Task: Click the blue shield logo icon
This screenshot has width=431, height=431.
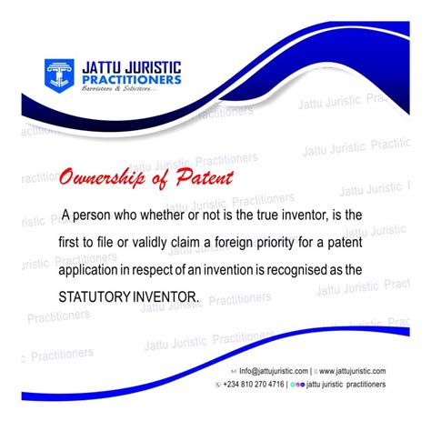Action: pyautogui.click(x=63, y=75)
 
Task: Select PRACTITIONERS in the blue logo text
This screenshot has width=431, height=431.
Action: pyautogui.click(x=131, y=83)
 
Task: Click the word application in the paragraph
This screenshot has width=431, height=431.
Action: pyautogui.click(x=94, y=270)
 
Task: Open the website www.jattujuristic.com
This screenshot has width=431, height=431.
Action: pyautogui.click(x=353, y=371)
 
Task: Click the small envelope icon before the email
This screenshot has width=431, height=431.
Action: pyautogui.click(x=234, y=371)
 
